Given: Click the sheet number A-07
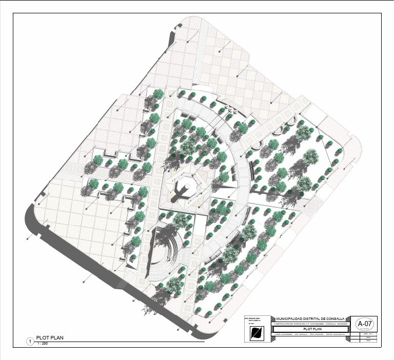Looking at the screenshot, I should (365, 324).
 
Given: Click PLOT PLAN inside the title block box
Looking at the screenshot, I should (311, 329).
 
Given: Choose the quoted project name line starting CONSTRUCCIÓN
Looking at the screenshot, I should (311, 324).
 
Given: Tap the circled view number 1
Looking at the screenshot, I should (30, 341).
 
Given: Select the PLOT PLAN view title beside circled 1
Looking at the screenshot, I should (49, 337).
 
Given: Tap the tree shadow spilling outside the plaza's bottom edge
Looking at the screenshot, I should (148, 309).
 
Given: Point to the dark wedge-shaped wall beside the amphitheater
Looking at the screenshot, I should (153, 251).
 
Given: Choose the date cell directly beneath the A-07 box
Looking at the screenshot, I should (368, 334).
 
